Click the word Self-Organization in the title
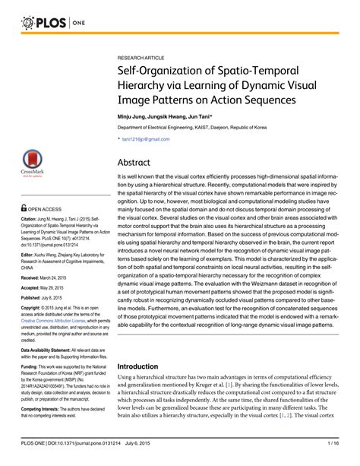click(161, 72)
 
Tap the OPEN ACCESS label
click(38, 208)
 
